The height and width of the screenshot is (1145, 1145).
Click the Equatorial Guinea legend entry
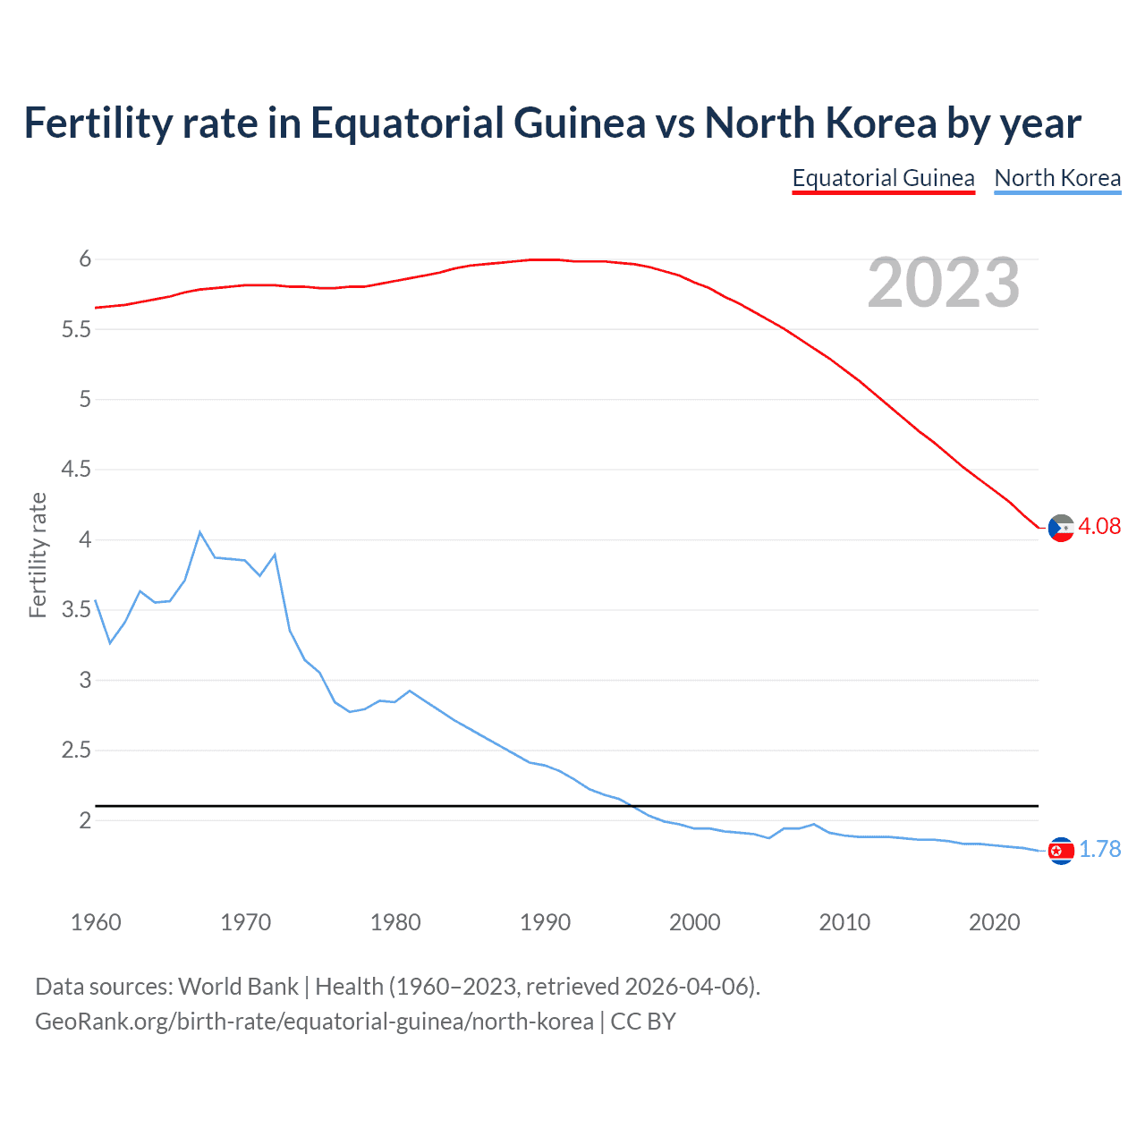point(883,178)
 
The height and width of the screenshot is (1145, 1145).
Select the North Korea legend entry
point(1057,178)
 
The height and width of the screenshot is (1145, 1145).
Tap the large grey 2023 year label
point(944,283)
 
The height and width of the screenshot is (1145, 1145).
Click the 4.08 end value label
point(1099,526)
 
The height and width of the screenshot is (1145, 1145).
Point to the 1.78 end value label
point(1099,849)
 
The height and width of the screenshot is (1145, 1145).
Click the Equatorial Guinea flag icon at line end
point(1061,528)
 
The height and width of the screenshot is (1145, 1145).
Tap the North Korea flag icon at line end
point(1061,851)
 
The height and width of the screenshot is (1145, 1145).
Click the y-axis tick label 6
point(85,259)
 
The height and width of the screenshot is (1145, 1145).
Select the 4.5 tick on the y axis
point(76,470)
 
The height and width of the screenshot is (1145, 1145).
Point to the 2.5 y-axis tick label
point(76,751)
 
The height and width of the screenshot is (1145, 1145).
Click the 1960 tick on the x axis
point(96,922)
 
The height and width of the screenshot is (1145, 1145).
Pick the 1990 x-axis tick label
point(545,922)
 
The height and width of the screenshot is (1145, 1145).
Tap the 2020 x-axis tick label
point(994,922)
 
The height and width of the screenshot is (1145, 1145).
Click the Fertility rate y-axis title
point(38,555)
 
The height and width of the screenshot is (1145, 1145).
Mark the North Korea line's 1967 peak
point(199,532)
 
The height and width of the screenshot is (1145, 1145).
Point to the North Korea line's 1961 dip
point(110,642)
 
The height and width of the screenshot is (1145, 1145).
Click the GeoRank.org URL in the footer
point(314,1022)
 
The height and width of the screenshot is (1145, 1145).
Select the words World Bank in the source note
point(238,987)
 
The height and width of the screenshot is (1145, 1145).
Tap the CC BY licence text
point(643,1022)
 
